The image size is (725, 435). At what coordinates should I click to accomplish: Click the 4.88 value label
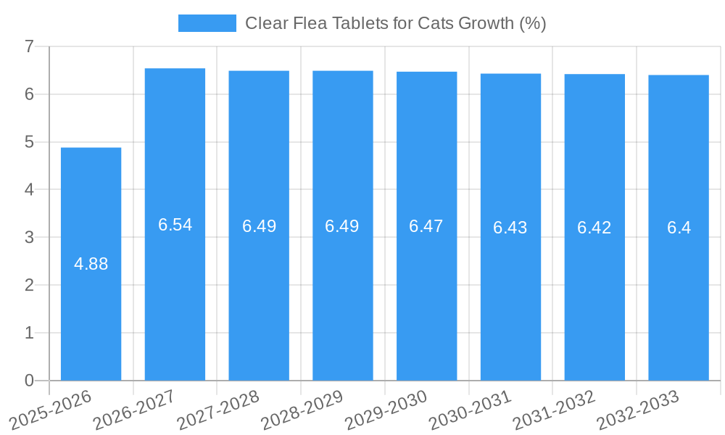pos(91,264)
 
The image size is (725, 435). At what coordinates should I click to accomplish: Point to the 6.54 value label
pos(175,225)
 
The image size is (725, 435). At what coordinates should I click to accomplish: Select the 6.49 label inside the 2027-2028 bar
pos(259,226)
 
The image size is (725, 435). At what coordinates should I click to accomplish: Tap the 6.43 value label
pos(510,228)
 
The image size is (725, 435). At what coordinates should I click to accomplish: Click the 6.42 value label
pos(594,228)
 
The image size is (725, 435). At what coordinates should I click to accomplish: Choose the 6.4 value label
pos(679,228)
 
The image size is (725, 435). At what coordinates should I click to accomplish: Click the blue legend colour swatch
pos(207,23)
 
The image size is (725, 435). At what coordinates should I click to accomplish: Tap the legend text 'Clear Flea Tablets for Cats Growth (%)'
pos(395,23)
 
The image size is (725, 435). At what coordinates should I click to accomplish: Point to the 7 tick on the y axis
pos(29,46)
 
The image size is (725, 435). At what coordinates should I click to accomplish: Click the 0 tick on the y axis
pos(29,381)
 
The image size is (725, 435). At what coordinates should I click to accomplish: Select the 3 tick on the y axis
pos(29,237)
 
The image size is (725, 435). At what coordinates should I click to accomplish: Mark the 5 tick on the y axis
pos(29,142)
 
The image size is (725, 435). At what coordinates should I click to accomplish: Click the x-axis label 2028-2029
pos(302,410)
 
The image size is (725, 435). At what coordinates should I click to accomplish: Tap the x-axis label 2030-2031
pos(471,410)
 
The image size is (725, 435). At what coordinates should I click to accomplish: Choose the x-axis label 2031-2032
pos(555,410)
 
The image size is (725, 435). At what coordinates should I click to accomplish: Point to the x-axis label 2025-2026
pos(51,410)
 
